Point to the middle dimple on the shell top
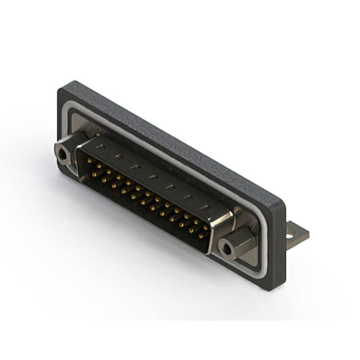(151, 177)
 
